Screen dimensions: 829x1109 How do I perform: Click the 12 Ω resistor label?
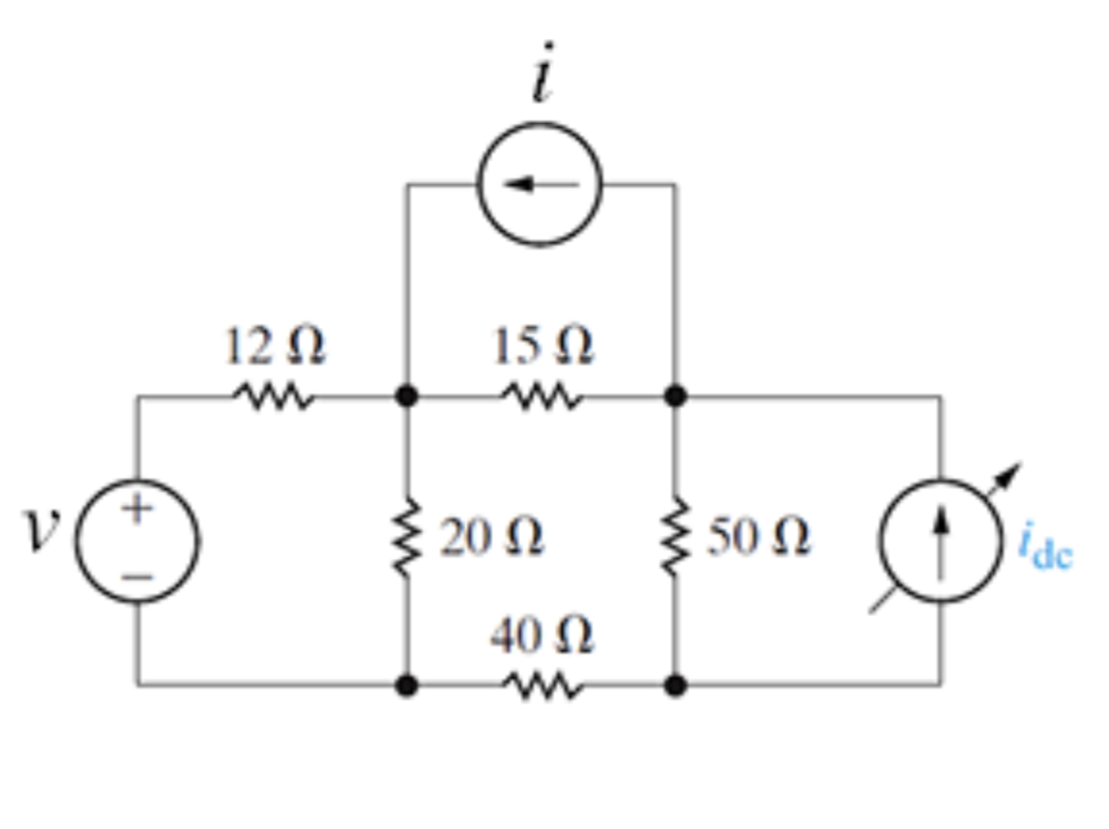click(x=274, y=348)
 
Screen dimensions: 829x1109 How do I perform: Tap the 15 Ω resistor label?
click(x=543, y=348)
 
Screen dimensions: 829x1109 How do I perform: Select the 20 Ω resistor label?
click(x=492, y=537)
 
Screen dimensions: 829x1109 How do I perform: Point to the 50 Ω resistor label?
click(x=759, y=537)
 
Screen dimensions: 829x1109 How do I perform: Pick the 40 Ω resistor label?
click(x=542, y=638)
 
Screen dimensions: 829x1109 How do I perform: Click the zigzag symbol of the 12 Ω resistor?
click(x=273, y=398)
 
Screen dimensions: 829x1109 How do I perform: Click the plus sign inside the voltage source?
click(x=137, y=509)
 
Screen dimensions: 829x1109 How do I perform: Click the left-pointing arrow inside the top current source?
click(x=536, y=183)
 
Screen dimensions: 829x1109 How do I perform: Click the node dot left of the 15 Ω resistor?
click(x=406, y=397)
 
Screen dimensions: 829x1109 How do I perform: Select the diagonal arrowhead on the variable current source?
click(x=1010, y=472)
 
